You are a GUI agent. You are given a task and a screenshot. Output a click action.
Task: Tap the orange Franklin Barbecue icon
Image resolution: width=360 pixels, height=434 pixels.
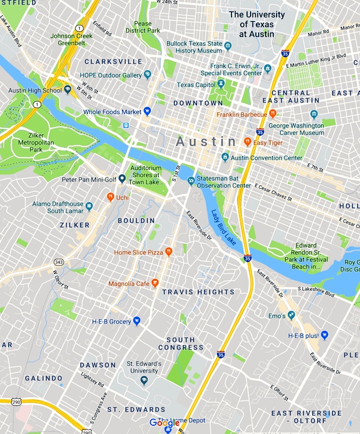(x=273, y=114)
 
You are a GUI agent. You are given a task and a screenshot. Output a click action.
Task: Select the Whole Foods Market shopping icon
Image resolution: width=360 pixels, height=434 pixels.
(x=147, y=111)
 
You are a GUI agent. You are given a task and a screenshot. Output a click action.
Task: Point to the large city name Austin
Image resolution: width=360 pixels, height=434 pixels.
(x=206, y=141)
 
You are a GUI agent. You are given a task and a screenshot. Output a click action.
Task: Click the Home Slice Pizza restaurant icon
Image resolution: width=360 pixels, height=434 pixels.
(x=168, y=252)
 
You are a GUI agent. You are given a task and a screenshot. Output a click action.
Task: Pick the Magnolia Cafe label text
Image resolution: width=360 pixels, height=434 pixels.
(x=129, y=284)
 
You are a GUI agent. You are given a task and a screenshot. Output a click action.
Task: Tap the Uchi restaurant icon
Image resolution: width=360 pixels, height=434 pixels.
(x=110, y=197)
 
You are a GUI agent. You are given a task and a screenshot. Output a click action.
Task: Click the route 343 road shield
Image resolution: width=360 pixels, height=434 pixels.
(x=58, y=262)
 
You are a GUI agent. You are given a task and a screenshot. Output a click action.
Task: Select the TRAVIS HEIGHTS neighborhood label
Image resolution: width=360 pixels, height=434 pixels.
(x=198, y=292)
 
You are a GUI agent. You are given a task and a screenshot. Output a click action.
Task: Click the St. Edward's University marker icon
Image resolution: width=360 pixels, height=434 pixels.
(x=144, y=380)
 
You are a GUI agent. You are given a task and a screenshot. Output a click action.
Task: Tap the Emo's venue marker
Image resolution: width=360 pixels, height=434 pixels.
(x=291, y=315)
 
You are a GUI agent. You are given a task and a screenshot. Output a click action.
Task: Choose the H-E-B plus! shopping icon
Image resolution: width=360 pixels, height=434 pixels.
(x=325, y=335)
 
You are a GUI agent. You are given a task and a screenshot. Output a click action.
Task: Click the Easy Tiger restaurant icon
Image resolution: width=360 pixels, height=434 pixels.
(x=247, y=142)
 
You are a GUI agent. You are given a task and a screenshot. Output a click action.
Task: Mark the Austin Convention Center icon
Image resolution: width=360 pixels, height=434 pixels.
(x=225, y=157)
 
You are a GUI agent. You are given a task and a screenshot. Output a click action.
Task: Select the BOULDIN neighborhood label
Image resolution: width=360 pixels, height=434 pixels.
(x=136, y=220)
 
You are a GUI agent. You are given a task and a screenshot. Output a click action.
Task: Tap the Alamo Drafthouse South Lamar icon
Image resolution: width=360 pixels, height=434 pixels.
(x=89, y=206)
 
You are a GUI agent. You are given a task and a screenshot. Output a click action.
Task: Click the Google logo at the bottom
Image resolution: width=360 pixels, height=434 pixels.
(x=164, y=423)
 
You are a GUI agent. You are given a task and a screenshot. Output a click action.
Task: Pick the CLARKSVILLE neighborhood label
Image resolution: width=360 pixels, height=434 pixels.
(x=113, y=61)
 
